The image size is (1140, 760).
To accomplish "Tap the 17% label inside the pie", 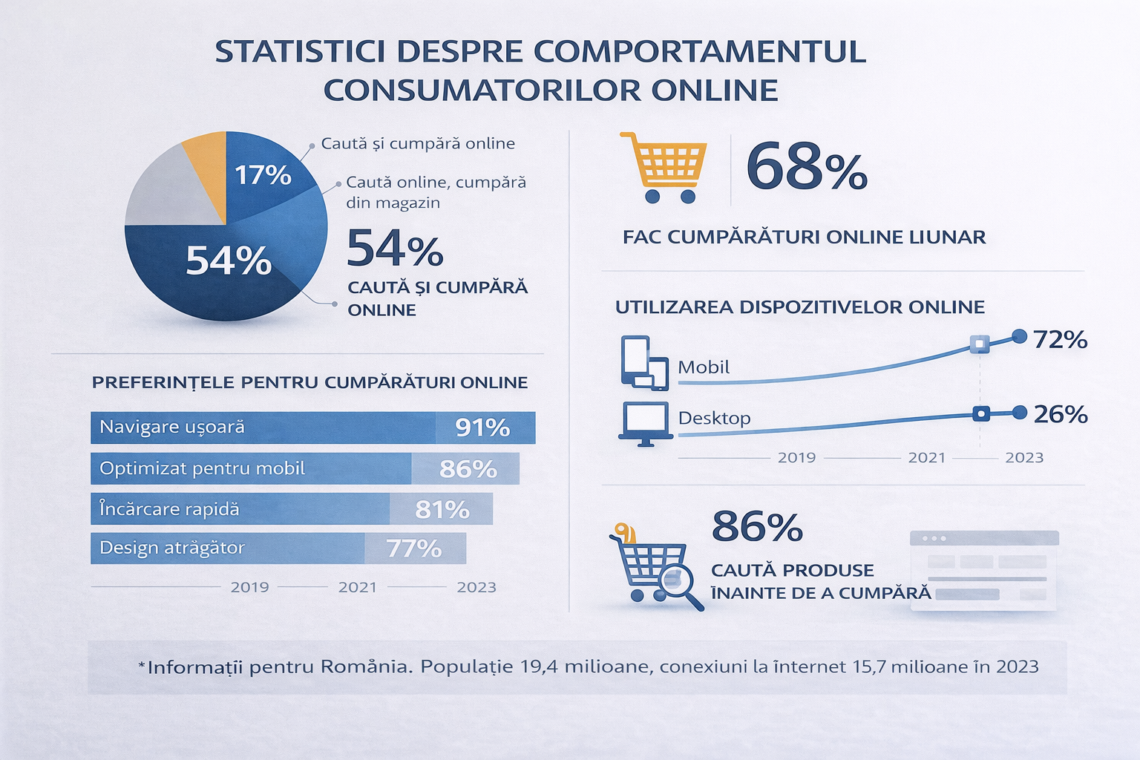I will [263, 175].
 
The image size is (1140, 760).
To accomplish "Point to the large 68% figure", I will [806, 168].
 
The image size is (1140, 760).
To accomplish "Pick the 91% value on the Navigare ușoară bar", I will [482, 427].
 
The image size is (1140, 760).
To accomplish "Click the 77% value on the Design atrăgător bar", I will [413, 548].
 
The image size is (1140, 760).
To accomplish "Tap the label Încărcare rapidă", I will [169, 509].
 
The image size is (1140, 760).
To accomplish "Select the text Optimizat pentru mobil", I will [202, 468].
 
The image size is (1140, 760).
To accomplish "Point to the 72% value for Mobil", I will [1060, 339].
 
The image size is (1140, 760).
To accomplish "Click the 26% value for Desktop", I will [1060, 414].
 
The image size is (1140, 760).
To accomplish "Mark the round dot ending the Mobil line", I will [1020, 337].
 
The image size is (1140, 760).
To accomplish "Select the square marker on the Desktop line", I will [980, 414].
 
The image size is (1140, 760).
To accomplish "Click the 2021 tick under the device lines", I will [926, 458].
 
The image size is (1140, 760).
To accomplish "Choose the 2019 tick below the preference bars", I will [249, 587].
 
